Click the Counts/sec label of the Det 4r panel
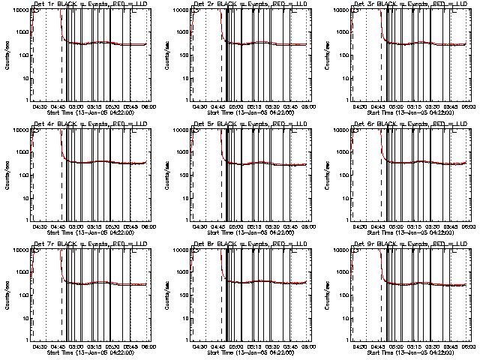[7, 172]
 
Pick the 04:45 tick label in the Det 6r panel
[377, 227]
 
